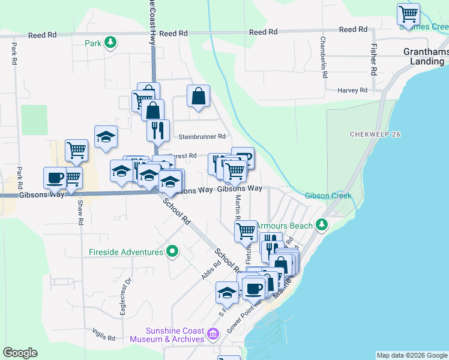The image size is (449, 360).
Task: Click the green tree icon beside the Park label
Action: point(110,43)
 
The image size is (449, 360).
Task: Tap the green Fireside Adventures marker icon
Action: point(173,251)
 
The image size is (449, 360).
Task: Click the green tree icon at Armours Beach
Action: point(322,225)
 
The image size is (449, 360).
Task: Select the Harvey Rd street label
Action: point(352,91)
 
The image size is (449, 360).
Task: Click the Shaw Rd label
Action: point(80,211)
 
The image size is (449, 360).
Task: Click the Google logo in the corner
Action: point(20,353)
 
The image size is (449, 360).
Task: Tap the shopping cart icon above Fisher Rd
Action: point(408,13)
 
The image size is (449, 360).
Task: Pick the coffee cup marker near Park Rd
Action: point(55,177)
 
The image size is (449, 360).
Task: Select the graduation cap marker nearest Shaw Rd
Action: point(106,136)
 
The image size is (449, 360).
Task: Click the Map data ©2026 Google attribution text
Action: point(411,355)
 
